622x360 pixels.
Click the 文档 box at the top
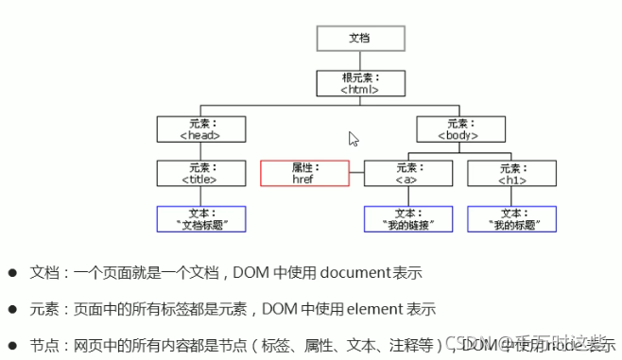click(360, 38)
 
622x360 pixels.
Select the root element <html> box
click(360, 83)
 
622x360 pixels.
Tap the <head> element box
click(200, 129)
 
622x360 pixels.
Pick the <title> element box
click(200, 173)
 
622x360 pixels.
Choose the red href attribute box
click(302, 173)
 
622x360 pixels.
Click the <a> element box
click(406, 173)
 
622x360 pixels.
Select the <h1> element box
click(511, 173)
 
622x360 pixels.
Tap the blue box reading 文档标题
click(200, 219)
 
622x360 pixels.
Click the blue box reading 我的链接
click(406, 219)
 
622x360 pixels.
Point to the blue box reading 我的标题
click(511, 219)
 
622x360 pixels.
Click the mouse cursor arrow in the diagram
click(353, 138)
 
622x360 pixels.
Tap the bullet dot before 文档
click(13, 272)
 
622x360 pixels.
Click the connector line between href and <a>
click(355, 173)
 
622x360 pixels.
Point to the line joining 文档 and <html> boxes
click(360, 60)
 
